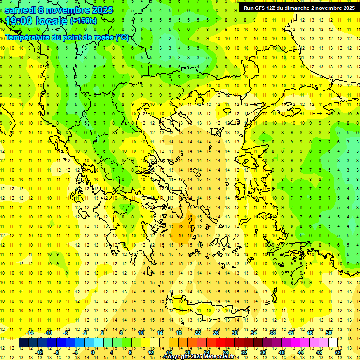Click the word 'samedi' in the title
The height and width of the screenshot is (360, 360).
[22, 10]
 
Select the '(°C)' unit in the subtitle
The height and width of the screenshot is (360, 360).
[122, 37]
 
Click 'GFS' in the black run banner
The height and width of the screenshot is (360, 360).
[262, 8]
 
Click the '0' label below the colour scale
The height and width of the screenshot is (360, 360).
[93, 352]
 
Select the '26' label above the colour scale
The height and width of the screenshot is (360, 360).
[216, 333]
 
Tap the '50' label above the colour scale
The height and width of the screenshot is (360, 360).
[329, 333]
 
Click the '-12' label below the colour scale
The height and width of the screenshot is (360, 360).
[39, 352]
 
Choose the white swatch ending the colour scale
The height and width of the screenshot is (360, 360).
[333, 342]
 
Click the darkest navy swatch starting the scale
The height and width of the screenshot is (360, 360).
[23, 342]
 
